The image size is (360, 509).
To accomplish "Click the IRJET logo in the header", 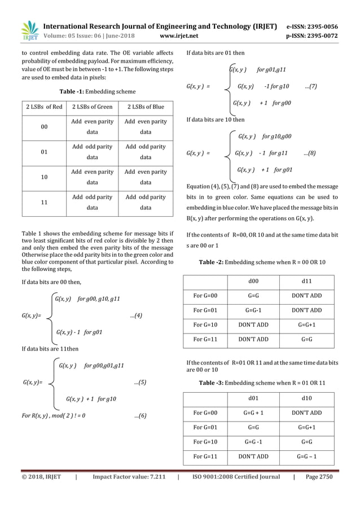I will [29, 30].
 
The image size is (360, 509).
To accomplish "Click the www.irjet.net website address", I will [179, 36].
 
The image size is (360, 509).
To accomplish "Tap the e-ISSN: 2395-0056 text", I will [312, 26].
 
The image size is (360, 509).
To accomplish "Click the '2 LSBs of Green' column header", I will [92, 107].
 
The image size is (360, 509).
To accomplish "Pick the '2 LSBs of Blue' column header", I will [146, 107].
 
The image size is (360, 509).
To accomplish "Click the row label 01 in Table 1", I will [44, 152].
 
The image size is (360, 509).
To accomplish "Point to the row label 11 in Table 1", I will [44, 203].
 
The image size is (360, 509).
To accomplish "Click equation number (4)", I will [136, 315].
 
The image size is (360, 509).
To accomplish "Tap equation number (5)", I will [141, 382].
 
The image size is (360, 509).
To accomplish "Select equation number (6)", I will [141, 416].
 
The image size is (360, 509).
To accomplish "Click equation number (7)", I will [310, 86].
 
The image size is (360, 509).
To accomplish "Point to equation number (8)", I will [309, 153].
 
